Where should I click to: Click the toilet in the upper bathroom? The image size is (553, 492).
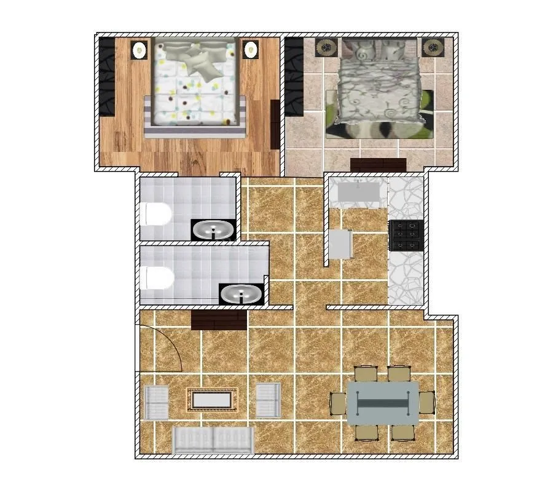[x=155, y=215]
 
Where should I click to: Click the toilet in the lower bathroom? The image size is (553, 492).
[x=157, y=278]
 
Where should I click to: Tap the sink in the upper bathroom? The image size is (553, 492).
[x=213, y=231]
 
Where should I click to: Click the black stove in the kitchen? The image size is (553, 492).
[x=406, y=235]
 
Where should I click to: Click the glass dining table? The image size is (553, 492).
[x=383, y=403]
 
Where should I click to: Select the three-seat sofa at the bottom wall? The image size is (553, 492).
[x=213, y=440]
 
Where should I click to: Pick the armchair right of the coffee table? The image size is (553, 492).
[x=268, y=400]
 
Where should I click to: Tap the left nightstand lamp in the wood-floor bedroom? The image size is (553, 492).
[x=139, y=49]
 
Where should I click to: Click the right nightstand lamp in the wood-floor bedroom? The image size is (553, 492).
[x=250, y=49]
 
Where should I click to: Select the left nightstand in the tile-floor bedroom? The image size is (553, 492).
[x=326, y=47]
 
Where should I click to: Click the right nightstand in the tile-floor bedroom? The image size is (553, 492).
[x=433, y=47]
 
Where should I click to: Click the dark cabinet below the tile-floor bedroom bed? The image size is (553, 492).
[x=378, y=165]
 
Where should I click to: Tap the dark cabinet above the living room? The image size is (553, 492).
[x=219, y=320]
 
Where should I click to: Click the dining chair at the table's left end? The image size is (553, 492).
[x=339, y=403]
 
